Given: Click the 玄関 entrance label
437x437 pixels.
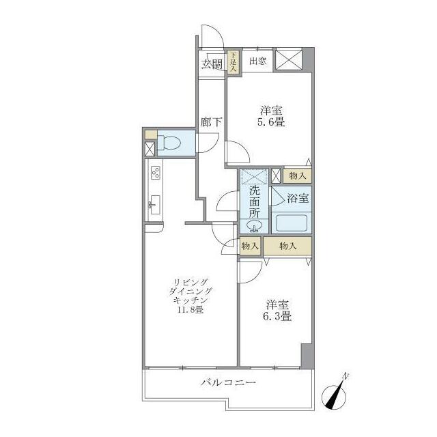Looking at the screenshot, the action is (x=212, y=64).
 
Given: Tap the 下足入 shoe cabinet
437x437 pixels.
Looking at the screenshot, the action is (x=232, y=62).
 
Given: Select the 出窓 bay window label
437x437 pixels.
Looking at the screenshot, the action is (x=258, y=61).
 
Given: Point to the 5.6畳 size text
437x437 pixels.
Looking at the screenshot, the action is (x=271, y=122).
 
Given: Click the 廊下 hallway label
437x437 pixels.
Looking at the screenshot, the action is (x=211, y=122).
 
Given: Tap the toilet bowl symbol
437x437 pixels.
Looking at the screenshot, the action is (x=169, y=143).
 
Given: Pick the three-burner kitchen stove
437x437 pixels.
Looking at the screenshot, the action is (x=156, y=172).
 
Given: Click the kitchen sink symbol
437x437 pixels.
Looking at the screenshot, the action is (x=155, y=205).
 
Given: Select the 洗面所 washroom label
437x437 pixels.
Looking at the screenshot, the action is (x=255, y=202).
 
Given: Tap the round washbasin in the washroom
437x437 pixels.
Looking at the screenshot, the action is (x=254, y=225).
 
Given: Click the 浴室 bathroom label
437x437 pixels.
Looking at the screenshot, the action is (x=298, y=199).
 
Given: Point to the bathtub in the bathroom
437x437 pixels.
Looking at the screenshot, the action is (x=292, y=223).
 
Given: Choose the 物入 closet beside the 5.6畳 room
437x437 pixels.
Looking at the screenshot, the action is (x=298, y=176).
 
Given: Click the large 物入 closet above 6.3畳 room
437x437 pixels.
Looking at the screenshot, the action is (x=287, y=246).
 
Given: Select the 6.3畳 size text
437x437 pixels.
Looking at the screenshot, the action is (x=277, y=317).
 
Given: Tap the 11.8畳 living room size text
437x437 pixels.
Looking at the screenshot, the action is (x=190, y=309).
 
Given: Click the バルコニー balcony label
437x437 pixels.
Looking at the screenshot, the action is (x=228, y=382).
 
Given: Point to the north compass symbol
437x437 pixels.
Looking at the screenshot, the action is (x=334, y=393).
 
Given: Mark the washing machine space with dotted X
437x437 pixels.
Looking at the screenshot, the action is (x=255, y=176).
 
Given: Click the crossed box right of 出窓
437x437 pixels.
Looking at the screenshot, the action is (x=289, y=59).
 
